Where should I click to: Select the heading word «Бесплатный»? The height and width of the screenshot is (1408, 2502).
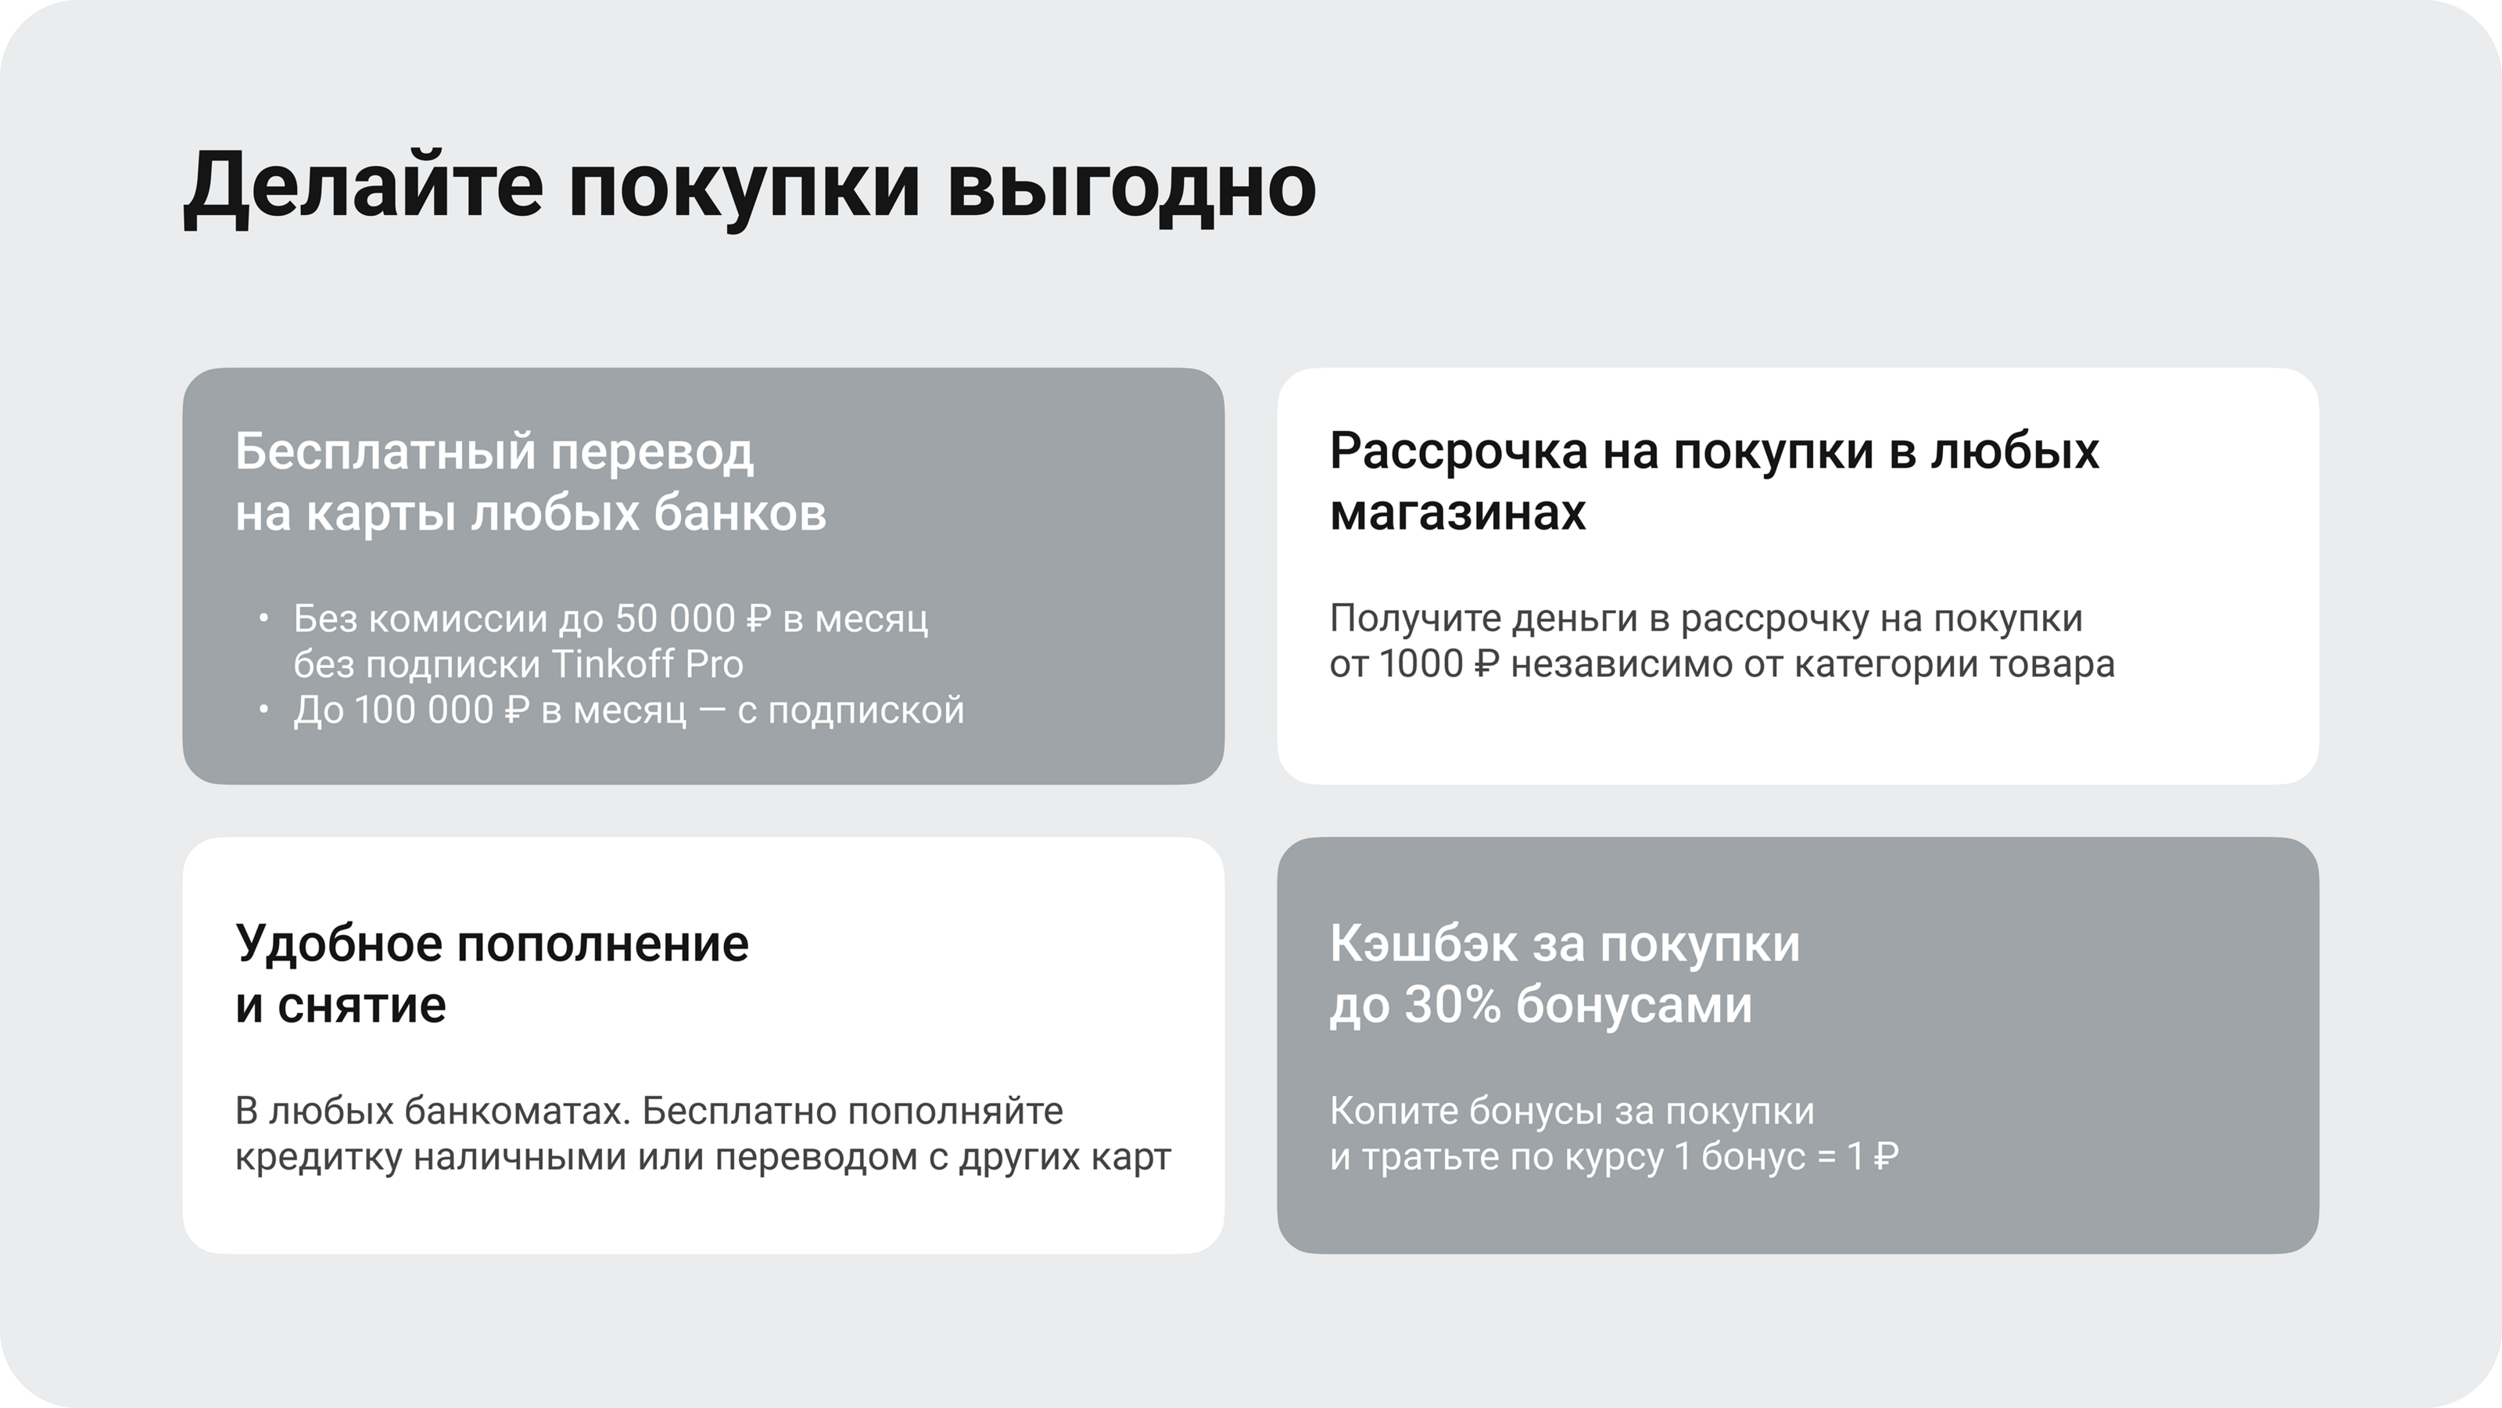click(385, 452)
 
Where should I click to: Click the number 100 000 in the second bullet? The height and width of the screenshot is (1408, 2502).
click(425, 709)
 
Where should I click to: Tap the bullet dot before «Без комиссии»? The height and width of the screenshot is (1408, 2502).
click(263, 618)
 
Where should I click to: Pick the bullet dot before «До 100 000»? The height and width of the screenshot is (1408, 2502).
click(263, 710)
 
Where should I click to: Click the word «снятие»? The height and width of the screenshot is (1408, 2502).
click(361, 1006)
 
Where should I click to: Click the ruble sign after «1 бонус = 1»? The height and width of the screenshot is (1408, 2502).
click(1885, 1156)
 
